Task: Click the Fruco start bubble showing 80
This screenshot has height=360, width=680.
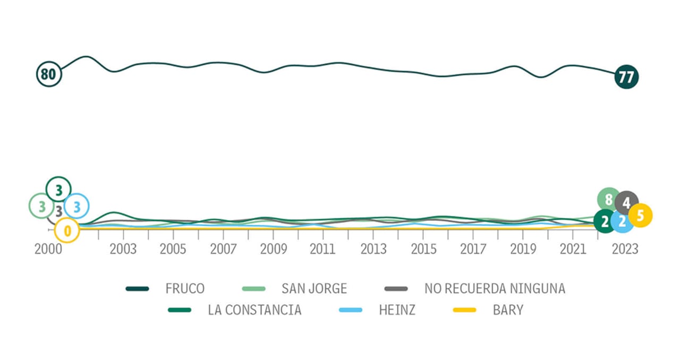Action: pyautogui.click(x=49, y=74)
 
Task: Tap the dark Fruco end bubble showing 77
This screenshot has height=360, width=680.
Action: pyautogui.click(x=626, y=77)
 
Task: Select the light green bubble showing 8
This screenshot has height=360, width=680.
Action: pyautogui.click(x=609, y=200)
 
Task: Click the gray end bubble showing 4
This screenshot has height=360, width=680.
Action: pyautogui.click(x=627, y=202)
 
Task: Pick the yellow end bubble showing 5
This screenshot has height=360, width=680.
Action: pyautogui.click(x=640, y=216)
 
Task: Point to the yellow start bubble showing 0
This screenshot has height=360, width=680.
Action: pyautogui.click(x=67, y=230)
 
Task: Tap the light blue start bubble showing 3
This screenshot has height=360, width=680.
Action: pyautogui.click(x=76, y=207)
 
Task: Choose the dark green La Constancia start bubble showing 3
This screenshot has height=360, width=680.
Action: pyautogui.click(x=58, y=188)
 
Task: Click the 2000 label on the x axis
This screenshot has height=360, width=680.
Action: pyautogui.click(x=49, y=250)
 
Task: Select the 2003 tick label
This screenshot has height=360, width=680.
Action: pyautogui.click(x=123, y=250)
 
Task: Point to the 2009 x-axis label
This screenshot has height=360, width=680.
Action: pyautogui.click(x=273, y=250)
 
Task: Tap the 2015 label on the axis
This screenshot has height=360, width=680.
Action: pyautogui.click(x=423, y=250)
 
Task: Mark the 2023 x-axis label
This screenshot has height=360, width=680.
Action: pyautogui.click(x=625, y=250)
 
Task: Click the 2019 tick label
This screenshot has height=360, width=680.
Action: pyautogui.click(x=523, y=250)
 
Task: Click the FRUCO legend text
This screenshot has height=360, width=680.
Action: pyautogui.click(x=185, y=289)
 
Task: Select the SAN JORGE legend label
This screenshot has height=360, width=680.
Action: pyautogui.click(x=314, y=289)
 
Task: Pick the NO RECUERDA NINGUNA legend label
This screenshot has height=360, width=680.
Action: pyautogui.click(x=495, y=289)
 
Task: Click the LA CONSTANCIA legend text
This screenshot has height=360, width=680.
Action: pyautogui.click(x=254, y=310)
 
